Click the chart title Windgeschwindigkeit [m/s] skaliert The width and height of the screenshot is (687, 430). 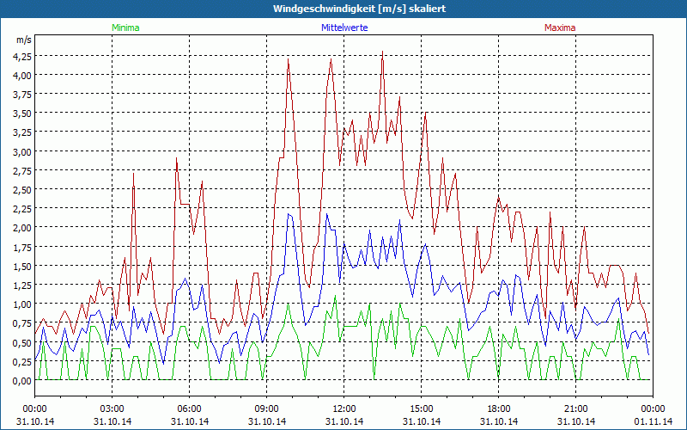point(343,9)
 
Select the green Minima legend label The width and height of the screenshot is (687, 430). point(125,28)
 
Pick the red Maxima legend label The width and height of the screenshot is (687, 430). point(560,28)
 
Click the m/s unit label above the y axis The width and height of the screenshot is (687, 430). point(23,40)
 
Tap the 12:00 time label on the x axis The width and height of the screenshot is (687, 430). point(344,408)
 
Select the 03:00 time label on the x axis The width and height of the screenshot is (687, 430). point(112,408)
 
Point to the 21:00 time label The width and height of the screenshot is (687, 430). point(576,408)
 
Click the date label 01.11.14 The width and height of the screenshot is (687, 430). point(654,421)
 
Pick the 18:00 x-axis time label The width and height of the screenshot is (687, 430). point(499,408)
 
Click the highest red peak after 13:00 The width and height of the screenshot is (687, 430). point(382,52)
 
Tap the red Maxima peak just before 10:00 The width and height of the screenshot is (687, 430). point(289,58)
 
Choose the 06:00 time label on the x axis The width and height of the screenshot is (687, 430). point(190,408)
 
